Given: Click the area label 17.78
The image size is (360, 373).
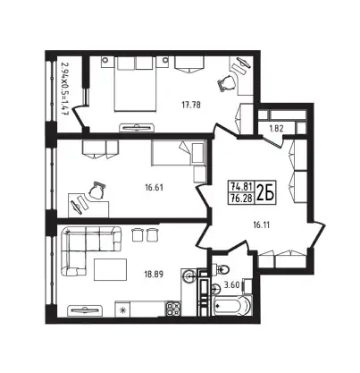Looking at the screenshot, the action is click(191, 105).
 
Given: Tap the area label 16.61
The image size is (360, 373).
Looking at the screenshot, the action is click(154, 188).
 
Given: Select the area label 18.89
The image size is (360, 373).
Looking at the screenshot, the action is click(154, 274).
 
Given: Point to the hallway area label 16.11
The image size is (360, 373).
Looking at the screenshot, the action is click(261, 225).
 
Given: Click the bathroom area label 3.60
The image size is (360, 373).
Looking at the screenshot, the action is click(232, 284).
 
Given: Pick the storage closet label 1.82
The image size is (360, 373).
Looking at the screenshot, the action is click(276, 129).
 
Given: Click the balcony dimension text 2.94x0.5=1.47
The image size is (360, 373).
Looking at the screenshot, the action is click(63, 89).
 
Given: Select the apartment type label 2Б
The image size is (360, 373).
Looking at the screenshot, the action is click(265, 193).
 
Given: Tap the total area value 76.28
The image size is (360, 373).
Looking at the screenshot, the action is click(241, 198).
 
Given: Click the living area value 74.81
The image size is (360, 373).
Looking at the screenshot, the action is click(241, 187).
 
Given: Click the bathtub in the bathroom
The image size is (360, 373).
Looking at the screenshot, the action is click(232, 306).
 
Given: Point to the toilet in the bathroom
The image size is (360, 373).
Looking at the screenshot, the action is click(221, 269).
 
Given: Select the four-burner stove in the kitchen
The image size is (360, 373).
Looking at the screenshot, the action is click(173, 309).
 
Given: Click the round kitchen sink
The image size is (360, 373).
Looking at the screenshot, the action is click(189, 276).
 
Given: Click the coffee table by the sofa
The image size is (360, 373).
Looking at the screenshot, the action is click(110, 269).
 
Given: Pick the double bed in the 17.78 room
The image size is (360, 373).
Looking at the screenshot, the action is click(136, 84).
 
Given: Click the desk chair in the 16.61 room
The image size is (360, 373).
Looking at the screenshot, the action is click(96, 190).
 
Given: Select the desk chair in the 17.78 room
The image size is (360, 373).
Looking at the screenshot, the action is click(226, 83).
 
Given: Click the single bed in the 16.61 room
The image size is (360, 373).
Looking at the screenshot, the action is click(179, 153).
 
